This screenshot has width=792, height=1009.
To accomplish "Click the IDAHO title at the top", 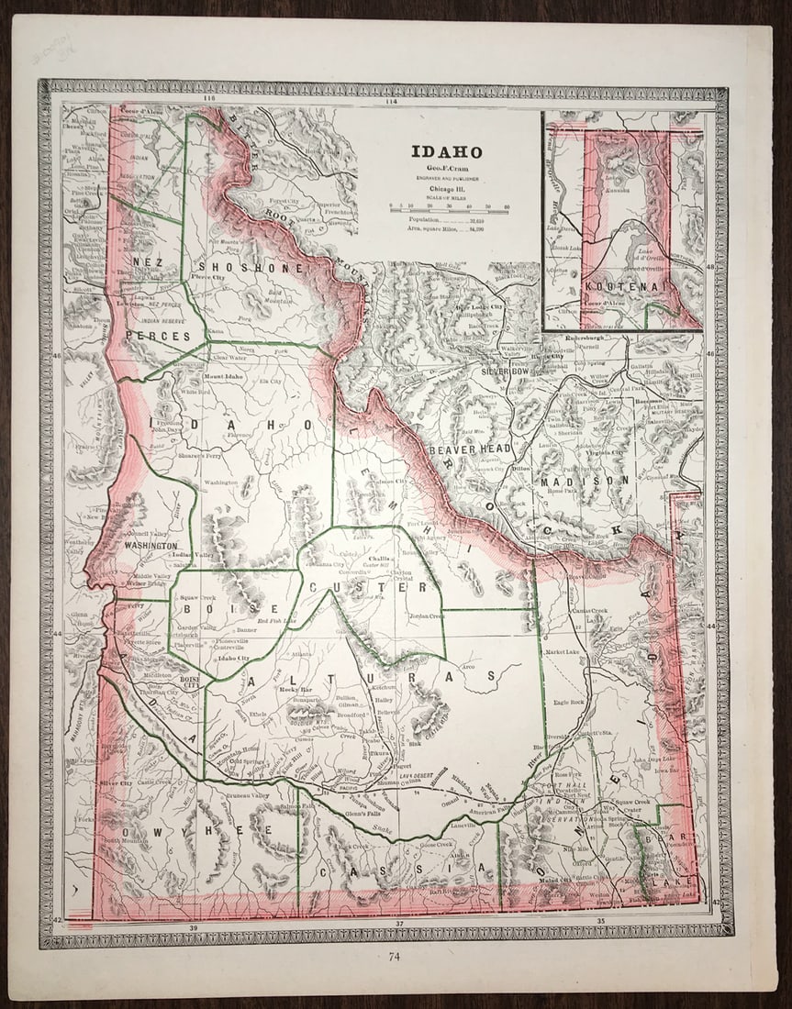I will click(x=446, y=152).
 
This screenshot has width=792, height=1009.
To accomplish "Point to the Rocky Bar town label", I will click(x=296, y=689).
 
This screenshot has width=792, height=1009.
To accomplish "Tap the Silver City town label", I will click(x=116, y=783).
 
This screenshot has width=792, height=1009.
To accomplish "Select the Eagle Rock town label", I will click(x=569, y=703).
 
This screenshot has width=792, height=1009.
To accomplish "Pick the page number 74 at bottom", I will click(x=394, y=958).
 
